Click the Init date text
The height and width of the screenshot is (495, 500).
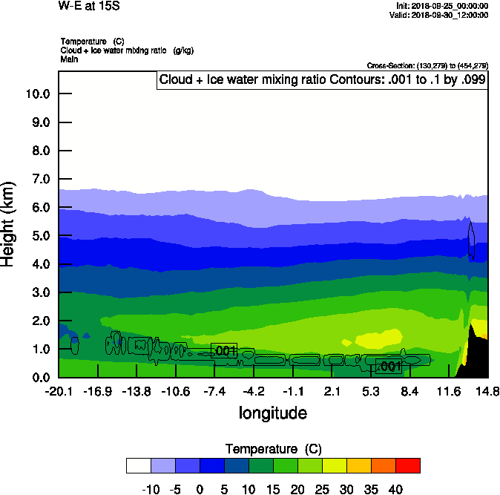click(442, 6)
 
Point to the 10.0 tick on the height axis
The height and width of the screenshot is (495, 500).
click(37, 94)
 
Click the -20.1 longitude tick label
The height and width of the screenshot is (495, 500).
click(59, 392)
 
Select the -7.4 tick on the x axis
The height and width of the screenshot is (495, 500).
click(214, 392)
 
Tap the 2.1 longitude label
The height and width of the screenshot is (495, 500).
click(332, 392)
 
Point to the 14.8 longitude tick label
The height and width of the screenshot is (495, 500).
click(487, 392)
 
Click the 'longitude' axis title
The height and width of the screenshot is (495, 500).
click(272, 413)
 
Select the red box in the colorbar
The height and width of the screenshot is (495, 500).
click(408, 465)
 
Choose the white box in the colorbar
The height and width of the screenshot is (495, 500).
click(139, 465)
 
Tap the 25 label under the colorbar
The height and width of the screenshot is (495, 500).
click(322, 490)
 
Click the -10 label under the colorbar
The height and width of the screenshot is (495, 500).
click(151, 490)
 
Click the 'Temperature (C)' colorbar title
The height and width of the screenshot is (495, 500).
click(273, 449)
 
